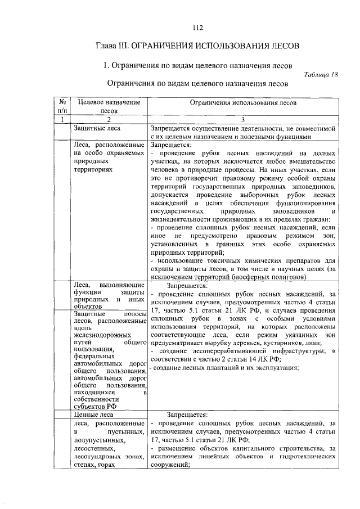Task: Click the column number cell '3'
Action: (x=242, y=119)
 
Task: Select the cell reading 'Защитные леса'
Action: (x=93, y=128)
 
